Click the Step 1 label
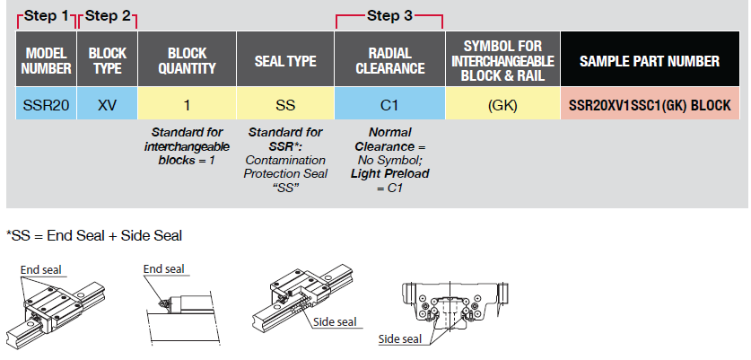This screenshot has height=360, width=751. click(x=46, y=15)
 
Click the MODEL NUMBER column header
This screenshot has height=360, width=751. click(x=46, y=61)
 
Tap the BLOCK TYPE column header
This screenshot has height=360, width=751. click(x=108, y=61)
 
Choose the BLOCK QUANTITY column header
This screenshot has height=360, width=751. click(x=187, y=61)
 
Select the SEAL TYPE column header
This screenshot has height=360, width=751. click(x=285, y=61)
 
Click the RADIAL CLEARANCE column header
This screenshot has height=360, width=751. click(x=389, y=61)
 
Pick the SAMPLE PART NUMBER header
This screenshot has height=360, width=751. click(x=650, y=61)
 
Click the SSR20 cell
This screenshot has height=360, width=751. click(x=46, y=105)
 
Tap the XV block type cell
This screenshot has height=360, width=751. click(x=108, y=105)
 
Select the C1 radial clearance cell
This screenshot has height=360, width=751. click(x=389, y=105)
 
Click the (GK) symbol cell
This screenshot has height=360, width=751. click(x=502, y=105)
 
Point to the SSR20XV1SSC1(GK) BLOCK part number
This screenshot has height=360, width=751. click(x=650, y=105)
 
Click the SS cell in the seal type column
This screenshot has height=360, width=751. click(x=285, y=105)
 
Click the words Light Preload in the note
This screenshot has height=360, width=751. click(x=389, y=172)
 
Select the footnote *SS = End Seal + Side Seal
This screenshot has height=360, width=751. click(x=94, y=235)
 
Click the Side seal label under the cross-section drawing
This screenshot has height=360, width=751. click(x=400, y=338)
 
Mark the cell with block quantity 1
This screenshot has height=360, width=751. click(x=187, y=105)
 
